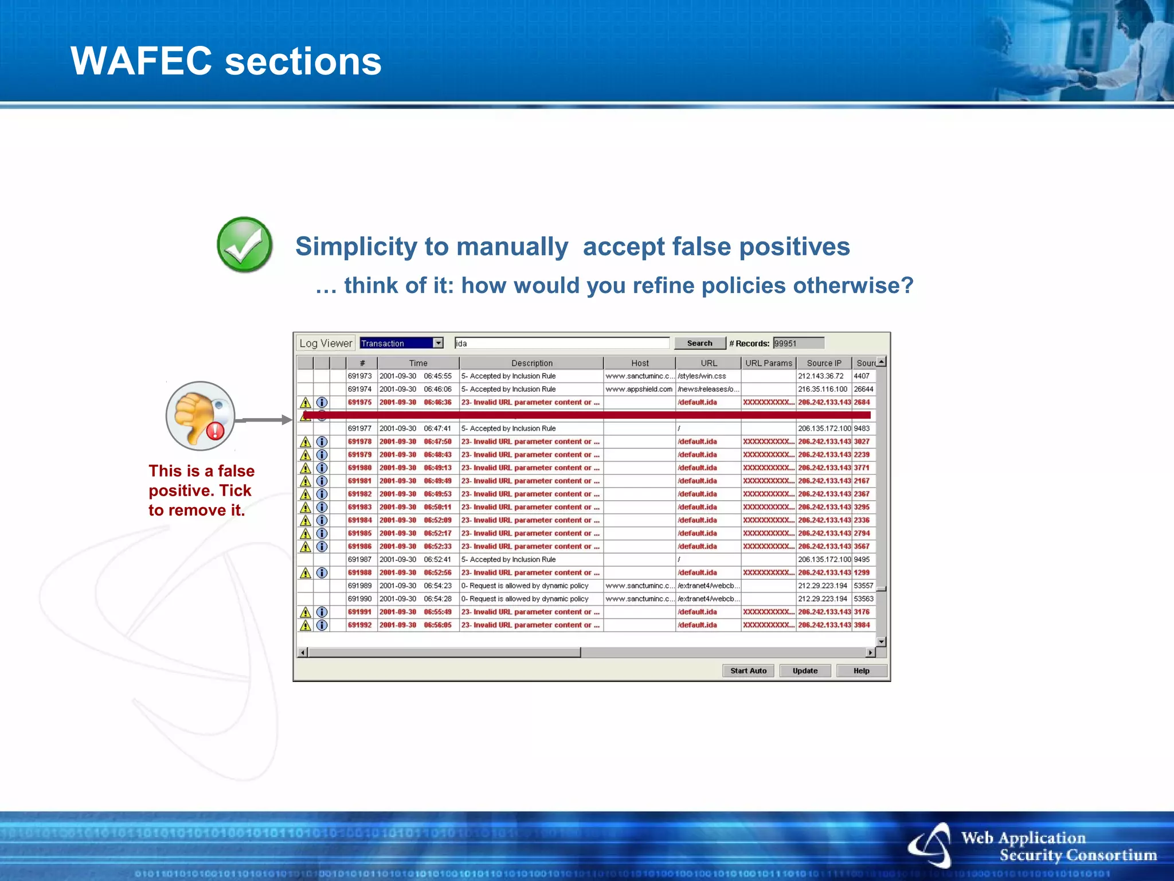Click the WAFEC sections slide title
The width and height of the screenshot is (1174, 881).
pyautogui.click(x=226, y=61)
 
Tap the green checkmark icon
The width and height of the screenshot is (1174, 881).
pyautogui.click(x=245, y=245)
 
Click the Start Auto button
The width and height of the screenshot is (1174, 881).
pyautogui.click(x=748, y=671)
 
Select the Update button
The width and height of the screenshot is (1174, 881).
pyautogui.click(x=805, y=671)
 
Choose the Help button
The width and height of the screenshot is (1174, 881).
pyautogui.click(x=861, y=671)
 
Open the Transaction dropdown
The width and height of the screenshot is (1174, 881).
pyautogui.click(x=438, y=343)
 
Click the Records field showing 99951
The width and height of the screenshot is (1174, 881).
pyautogui.click(x=798, y=343)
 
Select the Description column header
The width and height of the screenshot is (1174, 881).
pyautogui.click(x=531, y=363)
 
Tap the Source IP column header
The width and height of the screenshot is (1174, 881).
pyautogui.click(x=824, y=363)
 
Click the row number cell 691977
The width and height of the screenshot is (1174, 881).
pyautogui.click(x=360, y=428)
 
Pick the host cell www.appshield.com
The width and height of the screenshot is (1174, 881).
pyautogui.click(x=639, y=389)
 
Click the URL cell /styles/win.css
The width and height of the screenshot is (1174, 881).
pyautogui.click(x=702, y=376)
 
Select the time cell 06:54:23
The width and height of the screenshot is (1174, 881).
pyautogui.click(x=437, y=586)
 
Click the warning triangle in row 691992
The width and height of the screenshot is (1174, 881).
pyautogui.click(x=306, y=625)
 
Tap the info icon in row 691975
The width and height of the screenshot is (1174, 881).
pyautogui.click(x=322, y=402)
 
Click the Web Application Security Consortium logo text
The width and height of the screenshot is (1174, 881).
pyautogui.click(x=1058, y=847)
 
